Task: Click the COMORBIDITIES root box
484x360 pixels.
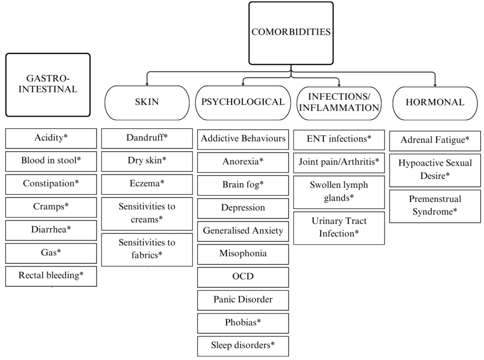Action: click(291, 33)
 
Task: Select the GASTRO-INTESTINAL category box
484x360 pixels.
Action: click(48, 85)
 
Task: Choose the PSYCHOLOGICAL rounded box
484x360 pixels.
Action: click(242, 102)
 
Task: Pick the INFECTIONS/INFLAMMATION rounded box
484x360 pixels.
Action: click(338, 102)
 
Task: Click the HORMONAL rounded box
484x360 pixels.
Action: click(435, 102)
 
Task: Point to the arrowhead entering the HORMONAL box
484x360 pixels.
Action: click(435, 85)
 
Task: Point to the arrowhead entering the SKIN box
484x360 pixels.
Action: click(147, 83)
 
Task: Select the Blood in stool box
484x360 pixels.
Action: click(51, 161)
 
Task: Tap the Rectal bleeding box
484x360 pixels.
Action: click(51, 276)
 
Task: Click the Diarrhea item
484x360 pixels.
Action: click(51, 230)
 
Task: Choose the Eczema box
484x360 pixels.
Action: click(147, 184)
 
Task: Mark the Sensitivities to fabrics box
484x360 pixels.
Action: click(147, 249)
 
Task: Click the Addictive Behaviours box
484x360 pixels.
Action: click(243, 139)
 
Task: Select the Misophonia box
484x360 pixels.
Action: click(243, 254)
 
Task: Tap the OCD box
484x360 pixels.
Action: click(243, 277)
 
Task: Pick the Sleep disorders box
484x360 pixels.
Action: click(243, 346)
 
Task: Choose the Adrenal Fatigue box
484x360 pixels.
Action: click(435, 140)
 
